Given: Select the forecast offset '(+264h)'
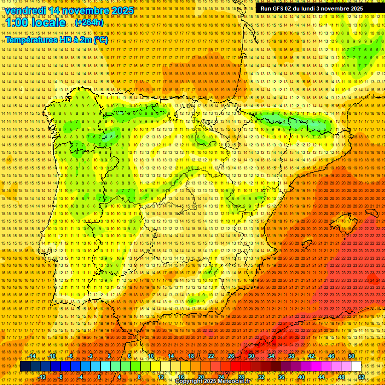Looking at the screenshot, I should coord(90,23).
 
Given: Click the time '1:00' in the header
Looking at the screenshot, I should coord(18,23).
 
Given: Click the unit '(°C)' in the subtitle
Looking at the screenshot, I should coord(100,40).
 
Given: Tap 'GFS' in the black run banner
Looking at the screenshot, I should coord(279,9).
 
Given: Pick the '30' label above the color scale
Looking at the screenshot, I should coord(251,356).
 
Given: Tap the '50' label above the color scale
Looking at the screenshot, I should coord(351,356).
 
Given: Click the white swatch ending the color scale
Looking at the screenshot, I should coord(356,366).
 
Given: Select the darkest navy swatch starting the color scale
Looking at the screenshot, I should coord(25,366).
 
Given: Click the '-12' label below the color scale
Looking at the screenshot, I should coord(42,376).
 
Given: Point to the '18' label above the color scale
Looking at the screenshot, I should coord(190,356).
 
